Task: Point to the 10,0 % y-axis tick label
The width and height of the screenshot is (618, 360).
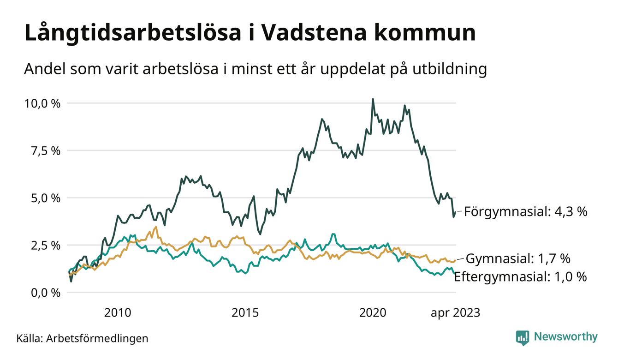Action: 42,103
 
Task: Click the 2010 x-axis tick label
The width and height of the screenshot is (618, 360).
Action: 118,313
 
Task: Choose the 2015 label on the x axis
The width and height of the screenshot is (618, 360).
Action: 245,313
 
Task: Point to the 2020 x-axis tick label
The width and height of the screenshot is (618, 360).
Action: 372,313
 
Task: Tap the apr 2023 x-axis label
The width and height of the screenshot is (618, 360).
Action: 455,313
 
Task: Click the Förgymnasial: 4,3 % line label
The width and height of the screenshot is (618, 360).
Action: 525,211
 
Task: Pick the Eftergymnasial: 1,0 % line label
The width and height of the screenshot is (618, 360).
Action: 521,277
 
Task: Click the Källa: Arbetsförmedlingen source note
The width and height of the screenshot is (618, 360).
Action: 82,338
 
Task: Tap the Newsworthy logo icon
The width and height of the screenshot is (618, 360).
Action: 523,337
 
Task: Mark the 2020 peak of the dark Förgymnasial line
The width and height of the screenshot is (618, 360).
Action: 373,99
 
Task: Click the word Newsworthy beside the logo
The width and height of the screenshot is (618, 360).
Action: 565,337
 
